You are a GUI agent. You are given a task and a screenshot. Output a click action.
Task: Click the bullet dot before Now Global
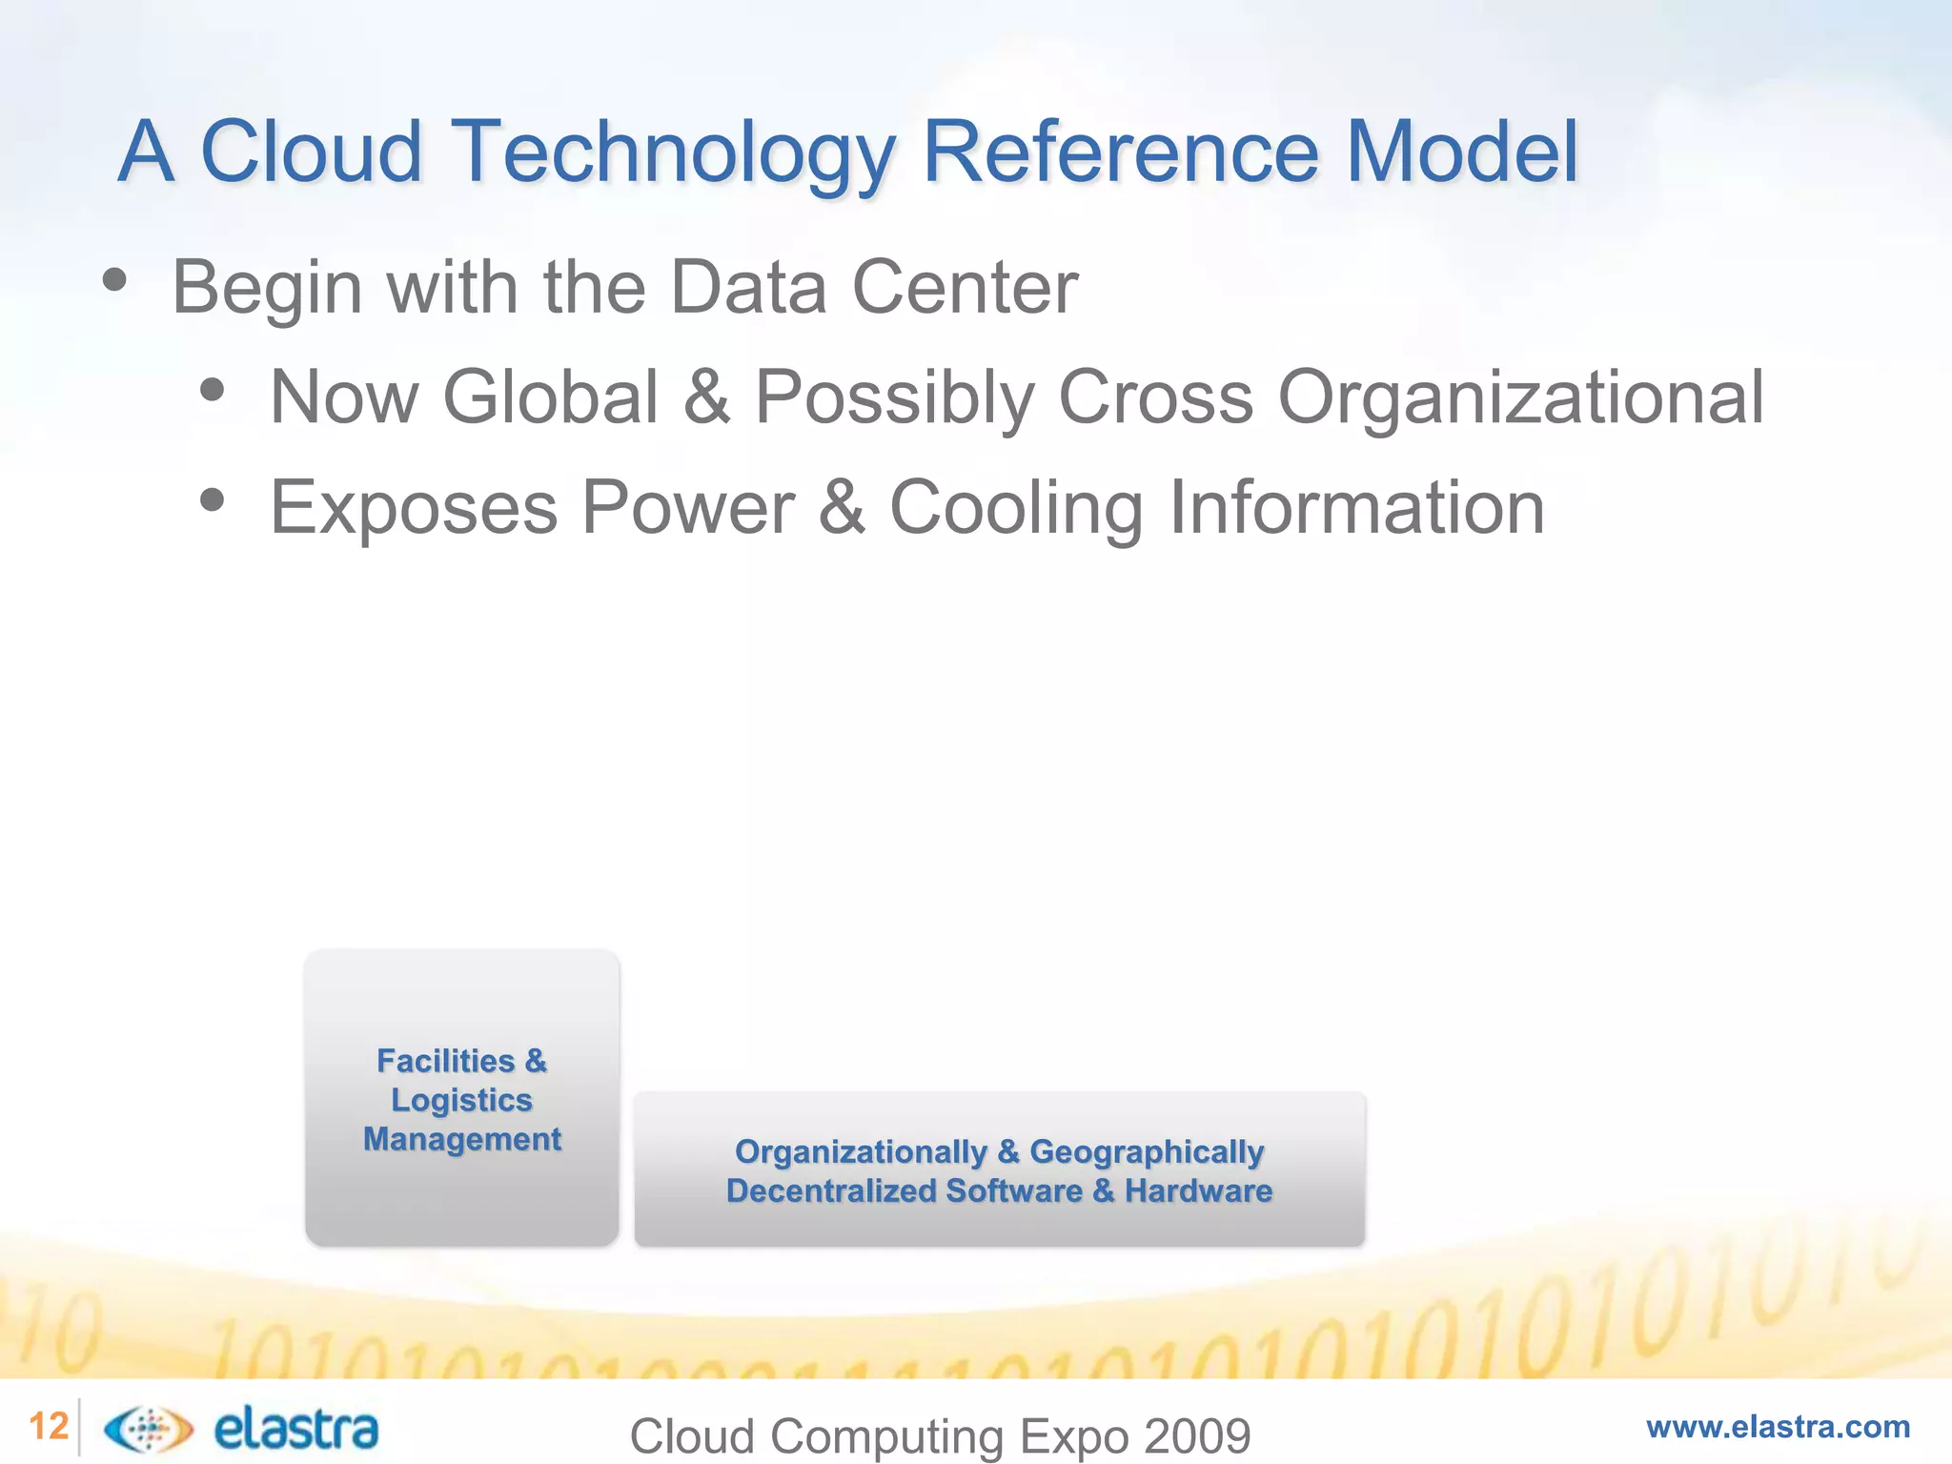coord(213,390)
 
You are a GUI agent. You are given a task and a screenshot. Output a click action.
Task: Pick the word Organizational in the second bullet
coord(1520,396)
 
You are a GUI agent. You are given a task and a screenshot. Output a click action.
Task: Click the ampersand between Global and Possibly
coord(706,396)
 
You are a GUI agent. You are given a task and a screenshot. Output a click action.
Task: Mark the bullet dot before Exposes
coord(213,499)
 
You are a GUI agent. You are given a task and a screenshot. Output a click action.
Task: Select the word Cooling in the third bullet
coord(1016,507)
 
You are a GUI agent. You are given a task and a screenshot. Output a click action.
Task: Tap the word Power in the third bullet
coord(688,507)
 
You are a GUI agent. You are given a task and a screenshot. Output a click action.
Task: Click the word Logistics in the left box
coord(461,1100)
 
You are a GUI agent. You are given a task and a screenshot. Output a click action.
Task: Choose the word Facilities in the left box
coord(445,1061)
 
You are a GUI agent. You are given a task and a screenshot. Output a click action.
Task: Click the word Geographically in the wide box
coord(1147,1151)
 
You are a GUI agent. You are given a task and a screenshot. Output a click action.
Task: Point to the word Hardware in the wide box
coord(1198,1190)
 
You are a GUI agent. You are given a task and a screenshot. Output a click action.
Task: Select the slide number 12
coord(49,1427)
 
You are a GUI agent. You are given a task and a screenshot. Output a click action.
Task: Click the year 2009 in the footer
coord(1197,1436)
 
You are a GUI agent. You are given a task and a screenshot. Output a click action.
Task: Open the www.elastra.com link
coord(1778,1427)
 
